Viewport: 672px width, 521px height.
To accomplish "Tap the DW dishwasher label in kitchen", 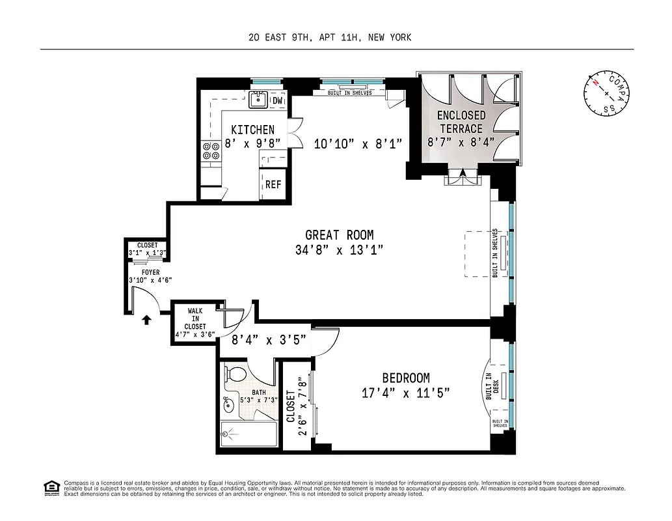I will (277, 101).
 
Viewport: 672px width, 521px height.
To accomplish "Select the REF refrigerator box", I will (273, 184).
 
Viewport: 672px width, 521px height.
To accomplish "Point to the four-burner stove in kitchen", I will (211, 151).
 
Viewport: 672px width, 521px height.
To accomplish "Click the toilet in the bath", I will (235, 375).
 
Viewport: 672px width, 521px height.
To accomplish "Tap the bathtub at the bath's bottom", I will (247, 433).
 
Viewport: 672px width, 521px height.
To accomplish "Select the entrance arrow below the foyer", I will (147, 318).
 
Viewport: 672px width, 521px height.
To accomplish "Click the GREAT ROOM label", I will (339, 235).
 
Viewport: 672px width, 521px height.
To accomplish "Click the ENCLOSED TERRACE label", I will (461, 122).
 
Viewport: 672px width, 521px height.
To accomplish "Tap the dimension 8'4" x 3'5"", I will (269, 339).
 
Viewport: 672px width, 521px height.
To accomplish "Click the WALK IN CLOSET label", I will (195, 318).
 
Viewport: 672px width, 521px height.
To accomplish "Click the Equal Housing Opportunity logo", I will (49, 487).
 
